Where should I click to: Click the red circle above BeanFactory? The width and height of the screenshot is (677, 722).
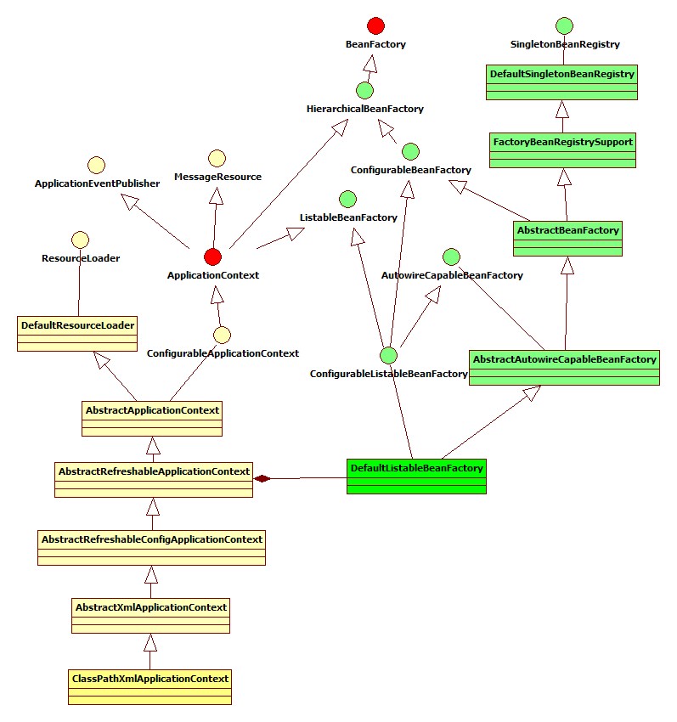(375, 26)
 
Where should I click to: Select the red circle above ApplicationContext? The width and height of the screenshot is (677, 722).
(212, 257)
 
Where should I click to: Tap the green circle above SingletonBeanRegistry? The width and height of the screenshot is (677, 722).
(564, 26)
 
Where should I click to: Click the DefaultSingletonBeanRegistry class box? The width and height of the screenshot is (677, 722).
(561, 83)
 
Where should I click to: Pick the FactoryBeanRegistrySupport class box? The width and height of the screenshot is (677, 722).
(562, 150)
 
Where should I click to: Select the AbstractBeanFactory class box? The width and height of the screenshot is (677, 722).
(568, 239)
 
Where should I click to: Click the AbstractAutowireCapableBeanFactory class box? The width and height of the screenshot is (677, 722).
(564, 368)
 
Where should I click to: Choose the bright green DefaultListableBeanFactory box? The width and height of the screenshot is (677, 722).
(416, 477)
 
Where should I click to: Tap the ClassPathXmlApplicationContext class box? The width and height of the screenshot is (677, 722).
(149, 687)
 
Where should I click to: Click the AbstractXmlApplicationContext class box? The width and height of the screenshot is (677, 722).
(151, 616)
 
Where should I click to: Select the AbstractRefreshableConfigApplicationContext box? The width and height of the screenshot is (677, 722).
(152, 548)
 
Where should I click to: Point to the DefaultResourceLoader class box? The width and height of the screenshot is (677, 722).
(77, 333)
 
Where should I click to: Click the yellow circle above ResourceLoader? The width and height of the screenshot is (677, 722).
(80, 240)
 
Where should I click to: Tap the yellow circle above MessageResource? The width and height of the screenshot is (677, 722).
(217, 158)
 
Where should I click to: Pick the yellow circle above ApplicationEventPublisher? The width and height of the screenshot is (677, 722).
(96, 165)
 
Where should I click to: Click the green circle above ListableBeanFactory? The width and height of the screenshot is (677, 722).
(347, 200)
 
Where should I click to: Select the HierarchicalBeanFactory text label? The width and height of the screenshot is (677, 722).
(365, 109)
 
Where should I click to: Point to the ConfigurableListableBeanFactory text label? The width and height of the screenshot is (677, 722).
(389, 374)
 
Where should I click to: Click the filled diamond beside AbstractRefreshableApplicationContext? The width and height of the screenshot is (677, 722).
(262, 478)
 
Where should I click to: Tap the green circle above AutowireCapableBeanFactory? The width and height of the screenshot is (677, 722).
(451, 257)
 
